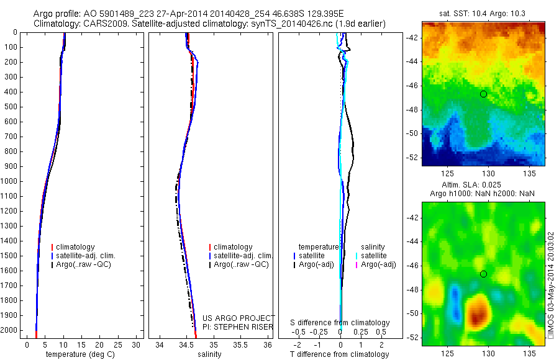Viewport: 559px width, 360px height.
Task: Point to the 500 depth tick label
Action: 11,107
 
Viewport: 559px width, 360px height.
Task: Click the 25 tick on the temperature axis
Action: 119,344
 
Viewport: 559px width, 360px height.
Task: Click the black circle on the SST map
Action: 483,94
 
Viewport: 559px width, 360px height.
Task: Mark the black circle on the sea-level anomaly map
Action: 483,274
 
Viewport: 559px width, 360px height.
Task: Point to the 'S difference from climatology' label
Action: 340,323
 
